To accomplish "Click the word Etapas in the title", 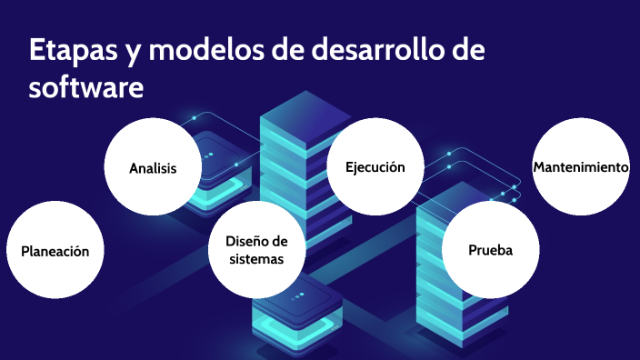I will coord(68,52).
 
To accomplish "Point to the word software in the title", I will coord(86,88).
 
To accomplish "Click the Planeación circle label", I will coord(55,252).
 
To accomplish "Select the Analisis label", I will coord(153,168).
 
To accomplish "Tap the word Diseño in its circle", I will coord(256,241).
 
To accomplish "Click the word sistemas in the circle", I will coord(256,259).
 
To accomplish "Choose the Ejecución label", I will coord(375,167).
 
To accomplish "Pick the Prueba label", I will coord(491,250).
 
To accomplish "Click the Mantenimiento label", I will coord(581,167).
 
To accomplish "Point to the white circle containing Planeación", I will coord(55,252).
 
